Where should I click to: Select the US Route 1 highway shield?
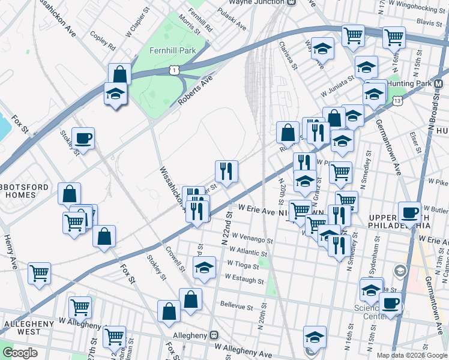click(x=173, y=70)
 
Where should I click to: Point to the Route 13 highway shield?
click(x=397, y=102)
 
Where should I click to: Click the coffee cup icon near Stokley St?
click(x=83, y=138)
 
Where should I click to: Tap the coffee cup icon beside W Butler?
click(x=409, y=212)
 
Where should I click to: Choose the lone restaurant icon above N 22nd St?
click(x=227, y=171)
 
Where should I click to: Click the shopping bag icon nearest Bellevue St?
click(x=191, y=299)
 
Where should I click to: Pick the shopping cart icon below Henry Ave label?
click(x=40, y=274)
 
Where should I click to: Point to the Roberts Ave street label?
click(x=196, y=91)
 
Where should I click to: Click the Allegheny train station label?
click(x=195, y=335)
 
